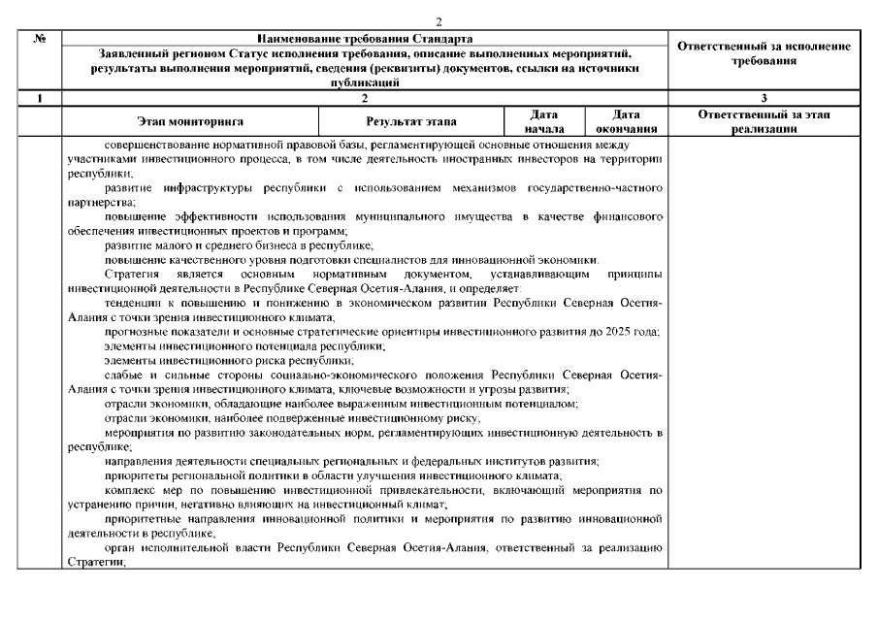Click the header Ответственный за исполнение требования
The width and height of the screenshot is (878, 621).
tap(764, 53)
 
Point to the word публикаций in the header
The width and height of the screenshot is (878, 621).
tap(365, 83)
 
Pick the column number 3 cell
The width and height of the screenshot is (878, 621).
tap(764, 98)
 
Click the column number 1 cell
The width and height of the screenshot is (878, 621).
tap(40, 98)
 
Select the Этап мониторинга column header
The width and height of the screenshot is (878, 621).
tap(190, 121)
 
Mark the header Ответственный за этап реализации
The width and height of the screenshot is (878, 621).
tap(764, 121)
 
